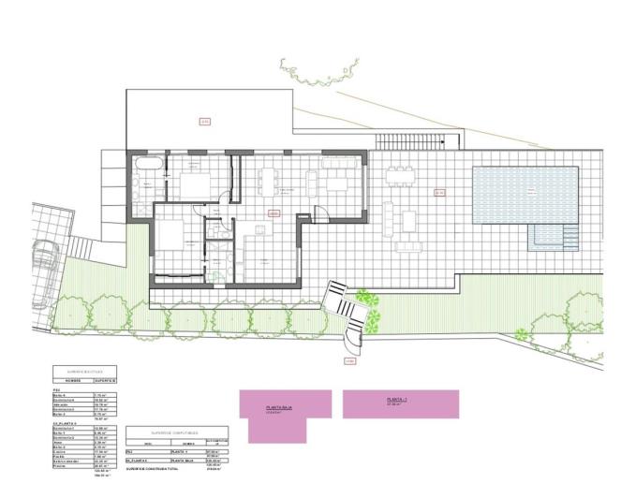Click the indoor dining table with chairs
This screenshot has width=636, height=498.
click(x=270, y=178)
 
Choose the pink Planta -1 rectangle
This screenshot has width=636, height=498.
click(x=400, y=403)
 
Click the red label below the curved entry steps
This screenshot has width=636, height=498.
click(x=350, y=360)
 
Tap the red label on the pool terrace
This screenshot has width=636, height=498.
click(x=438, y=193)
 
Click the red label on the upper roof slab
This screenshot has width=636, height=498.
click(x=203, y=120)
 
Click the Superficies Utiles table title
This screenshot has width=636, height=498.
click(x=85, y=372)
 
